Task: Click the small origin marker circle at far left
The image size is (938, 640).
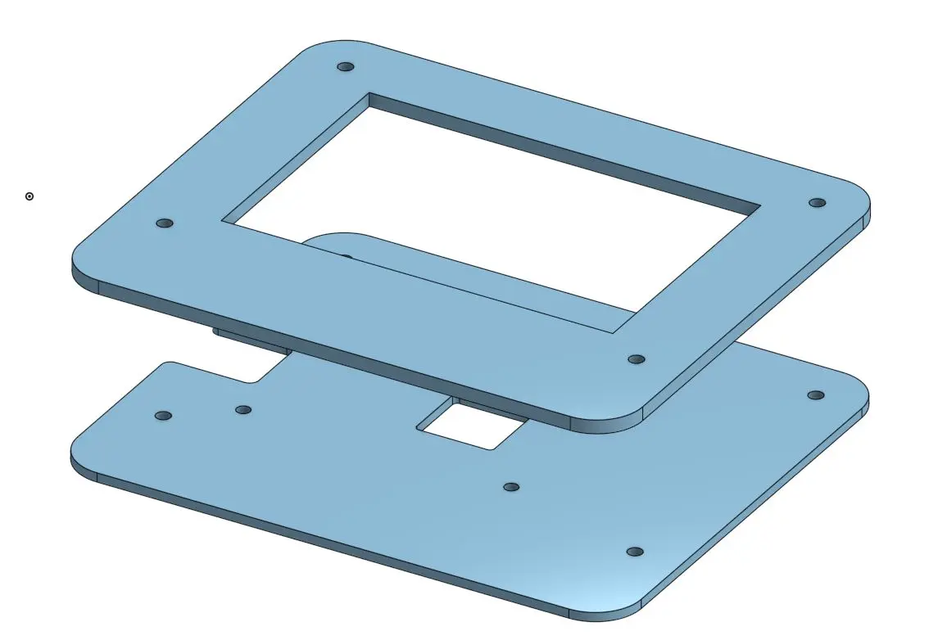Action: pyautogui.click(x=29, y=196)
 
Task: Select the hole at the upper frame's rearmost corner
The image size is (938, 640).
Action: pyautogui.click(x=345, y=66)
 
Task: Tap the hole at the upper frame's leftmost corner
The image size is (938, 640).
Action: pyautogui.click(x=165, y=223)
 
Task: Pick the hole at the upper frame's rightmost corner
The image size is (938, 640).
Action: pyautogui.click(x=816, y=202)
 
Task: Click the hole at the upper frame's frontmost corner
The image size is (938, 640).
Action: pyautogui.click(x=636, y=359)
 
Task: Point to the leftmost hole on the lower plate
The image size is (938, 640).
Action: pyautogui.click(x=163, y=416)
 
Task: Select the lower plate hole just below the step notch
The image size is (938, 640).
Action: pyautogui.click(x=243, y=409)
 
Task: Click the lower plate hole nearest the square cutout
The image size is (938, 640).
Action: pyautogui.click(x=511, y=487)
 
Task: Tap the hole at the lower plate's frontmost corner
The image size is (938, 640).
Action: pyautogui.click(x=634, y=552)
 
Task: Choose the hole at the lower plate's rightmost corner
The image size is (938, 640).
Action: pyautogui.click(x=816, y=395)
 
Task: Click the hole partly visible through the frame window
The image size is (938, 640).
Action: pyautogui.click(x=346, y=257)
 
